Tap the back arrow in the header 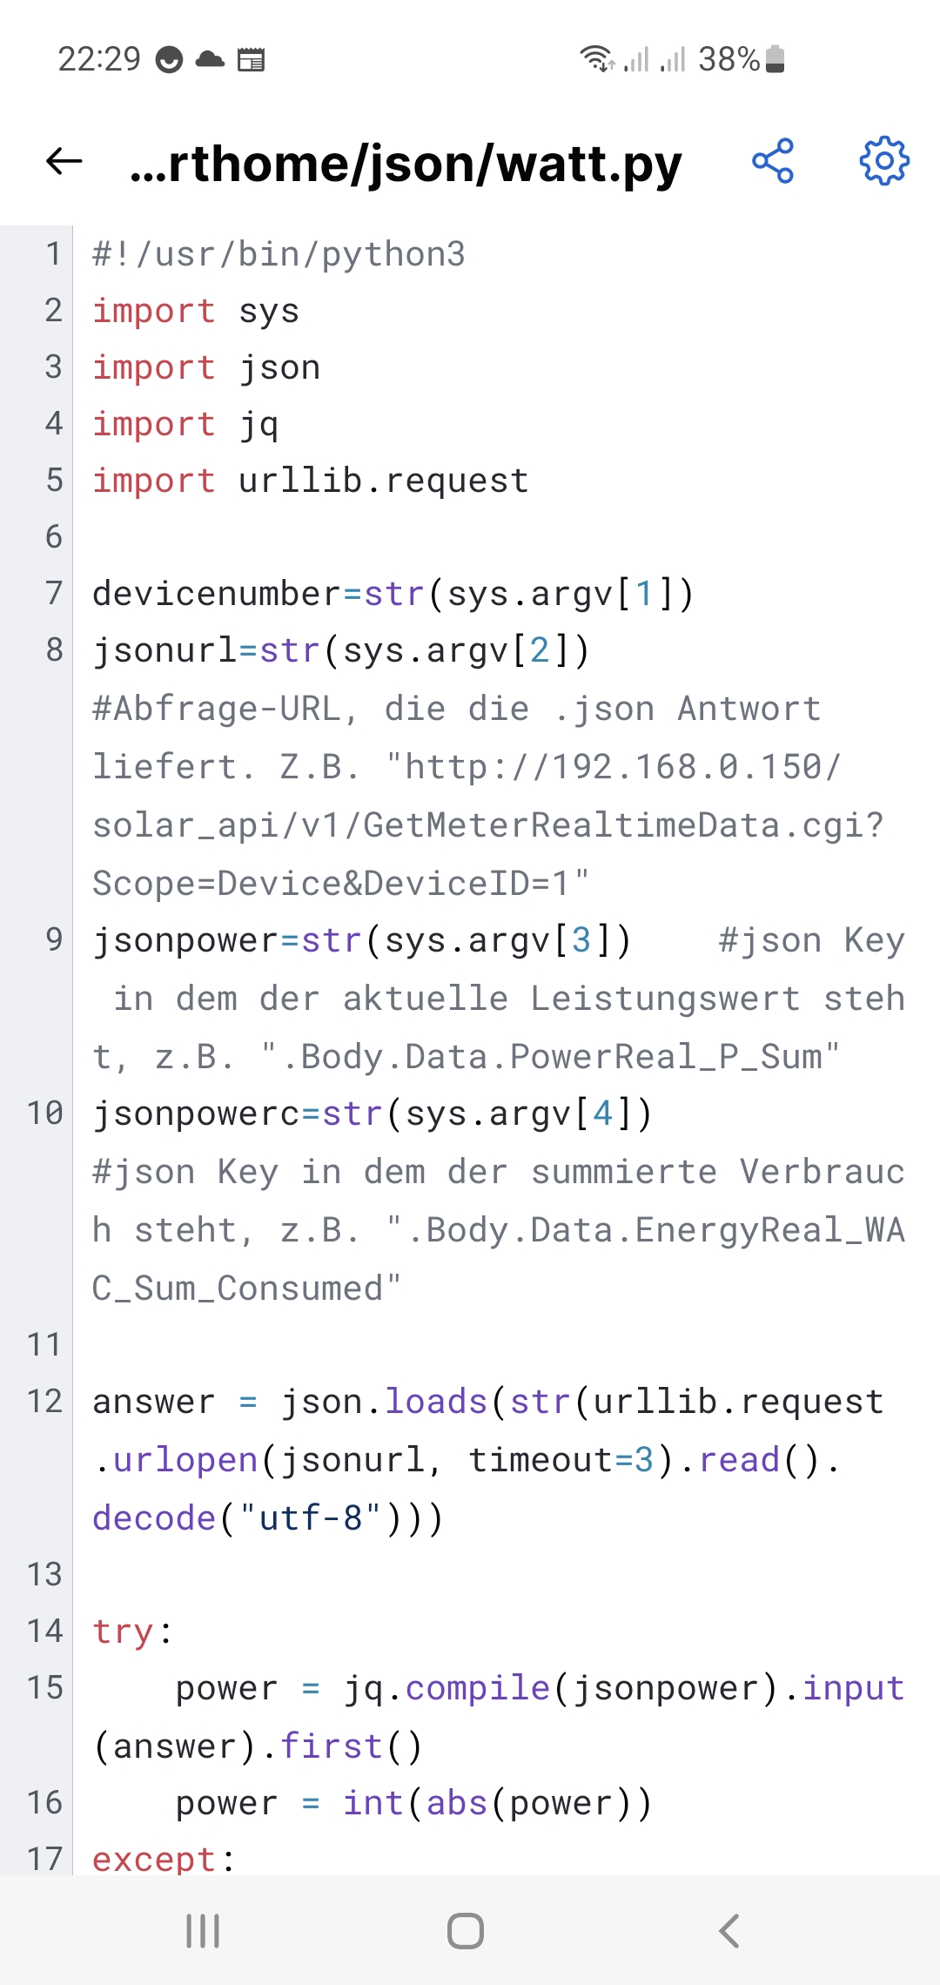[x=64, y=161]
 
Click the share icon [x=773, y=161]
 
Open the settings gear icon [x=884, y=161]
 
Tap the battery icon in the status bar [x=775, y=59]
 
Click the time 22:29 [x=98, y=59]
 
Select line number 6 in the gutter [x=54, y=536]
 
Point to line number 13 [x=44, y=1574]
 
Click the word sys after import [x=269, y=311]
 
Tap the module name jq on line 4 [x=258, y=424]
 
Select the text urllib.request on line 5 [x=383, y=481]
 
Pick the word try [x=124, y=1631]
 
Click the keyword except [x=154, y=1860]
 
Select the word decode [x=154, y=1518]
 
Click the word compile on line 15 [x=478, y=1688]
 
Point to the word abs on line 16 [x=457, y=1802]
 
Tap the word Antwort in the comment [x=749, y=709]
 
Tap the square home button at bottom [x=466, y=1931]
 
